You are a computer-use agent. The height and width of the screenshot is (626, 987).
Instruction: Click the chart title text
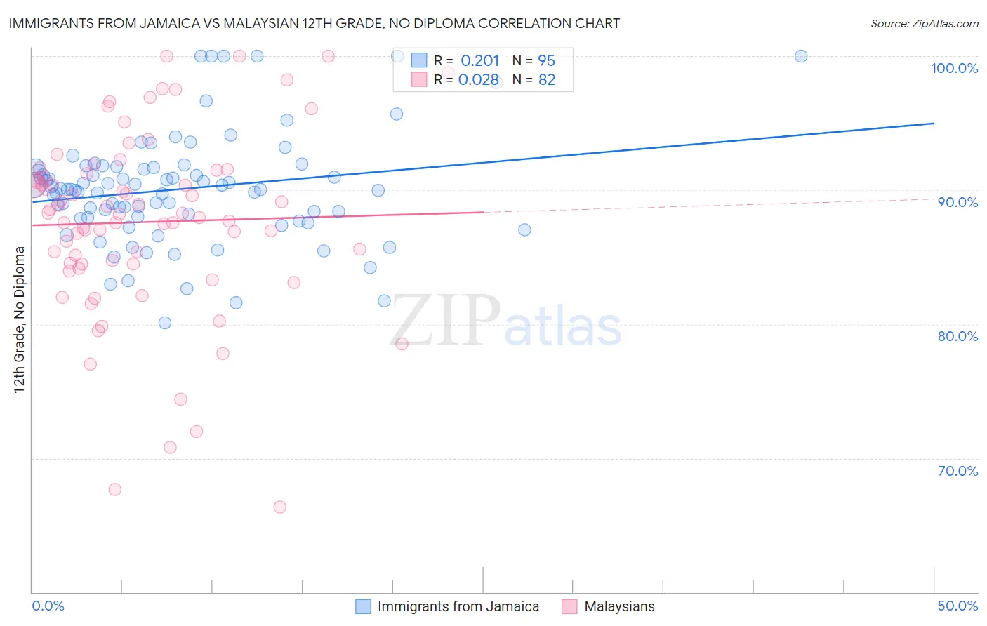pyautogui.click(x=314, y=23)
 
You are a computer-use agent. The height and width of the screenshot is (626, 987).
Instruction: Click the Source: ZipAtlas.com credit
pyautogui.click(x=924, y=23)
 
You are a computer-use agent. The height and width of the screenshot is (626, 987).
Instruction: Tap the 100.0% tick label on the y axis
pyautogui.click(x=954, y=68)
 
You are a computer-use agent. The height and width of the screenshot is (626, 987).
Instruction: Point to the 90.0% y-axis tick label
pyautogui.click(x=958, y=202)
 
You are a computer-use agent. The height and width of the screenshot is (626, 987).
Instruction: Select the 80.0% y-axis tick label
pyautogui.click(x=958, y=336)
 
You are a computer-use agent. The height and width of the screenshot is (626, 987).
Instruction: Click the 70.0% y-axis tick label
pyautogui.click(x=958, y=471)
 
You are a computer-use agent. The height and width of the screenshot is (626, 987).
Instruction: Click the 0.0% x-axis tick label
pyautogui.click(x=48, y=606)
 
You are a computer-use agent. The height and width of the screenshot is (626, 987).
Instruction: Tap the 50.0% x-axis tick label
pyautogui.click(x=958, y=606)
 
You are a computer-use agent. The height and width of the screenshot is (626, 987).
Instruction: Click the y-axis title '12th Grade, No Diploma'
pyautogui.click(x=20, y=319)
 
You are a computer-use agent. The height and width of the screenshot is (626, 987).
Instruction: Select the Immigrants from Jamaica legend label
pyautogui.click(x=458, y=606)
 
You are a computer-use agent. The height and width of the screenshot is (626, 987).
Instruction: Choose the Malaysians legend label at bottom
pyautogui.click(x=619, y=606)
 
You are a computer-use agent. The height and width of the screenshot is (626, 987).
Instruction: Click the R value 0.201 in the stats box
pyautogui.click(x=480, y=61)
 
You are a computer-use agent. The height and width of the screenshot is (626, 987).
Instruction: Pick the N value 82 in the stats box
pyautogui.click(x=547, y=80)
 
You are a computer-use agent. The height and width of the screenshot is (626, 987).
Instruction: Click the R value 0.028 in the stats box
pyautogui.click(x=479, y=80)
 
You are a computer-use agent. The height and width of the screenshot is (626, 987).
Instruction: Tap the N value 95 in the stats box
pyautogui.click(x=547, y=61)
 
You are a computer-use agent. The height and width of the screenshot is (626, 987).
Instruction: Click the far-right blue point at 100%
pyautogui.click(x=801, y=56)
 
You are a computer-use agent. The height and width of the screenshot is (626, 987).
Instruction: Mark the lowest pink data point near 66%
pyautogui.click(x=279, y=507)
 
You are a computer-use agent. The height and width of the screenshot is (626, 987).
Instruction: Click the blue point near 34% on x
pyautogui.click(x=524, y=229)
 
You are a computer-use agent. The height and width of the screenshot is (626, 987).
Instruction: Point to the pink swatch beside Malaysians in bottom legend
pyautogui.click(x=569, y=606)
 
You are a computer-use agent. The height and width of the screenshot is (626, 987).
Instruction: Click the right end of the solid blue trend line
pyautogui.click(x=934, y=124)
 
